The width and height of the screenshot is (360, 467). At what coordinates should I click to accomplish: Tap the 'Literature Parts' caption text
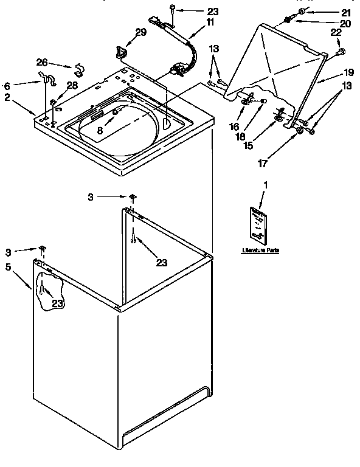click(260, 251)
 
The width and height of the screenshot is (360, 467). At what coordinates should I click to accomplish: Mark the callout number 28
click(72, 86)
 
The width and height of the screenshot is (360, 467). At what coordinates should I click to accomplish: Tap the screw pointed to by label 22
click(341, 51)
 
